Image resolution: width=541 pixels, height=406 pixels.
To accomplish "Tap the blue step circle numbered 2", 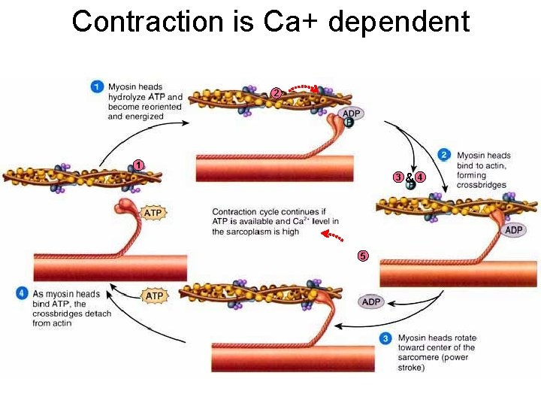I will click(444, 156).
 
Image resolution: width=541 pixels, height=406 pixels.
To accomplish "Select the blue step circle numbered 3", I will click(385, 338).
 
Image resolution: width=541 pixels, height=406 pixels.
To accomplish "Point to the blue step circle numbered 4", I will click(22, 293).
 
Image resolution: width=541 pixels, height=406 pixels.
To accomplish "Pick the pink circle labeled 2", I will click(277, 92).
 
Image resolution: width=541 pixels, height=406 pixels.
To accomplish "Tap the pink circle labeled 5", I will click(363, 256).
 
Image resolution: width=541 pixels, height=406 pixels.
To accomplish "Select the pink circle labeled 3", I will click(397, 177).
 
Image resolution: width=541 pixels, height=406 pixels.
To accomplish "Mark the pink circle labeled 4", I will click(420, 177).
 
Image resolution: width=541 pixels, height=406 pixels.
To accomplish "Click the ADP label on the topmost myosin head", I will click(351, 114).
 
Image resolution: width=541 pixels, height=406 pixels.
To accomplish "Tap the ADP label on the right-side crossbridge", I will click(514, 230).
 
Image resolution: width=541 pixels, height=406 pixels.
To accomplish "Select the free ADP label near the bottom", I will click(372, 301).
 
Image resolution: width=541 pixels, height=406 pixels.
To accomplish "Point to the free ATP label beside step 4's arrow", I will click(154, 296).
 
